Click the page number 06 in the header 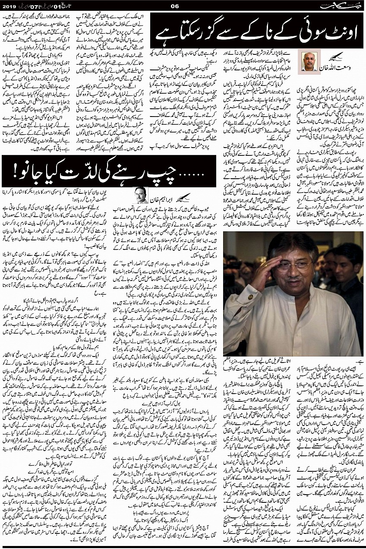[x=175, y=6]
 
